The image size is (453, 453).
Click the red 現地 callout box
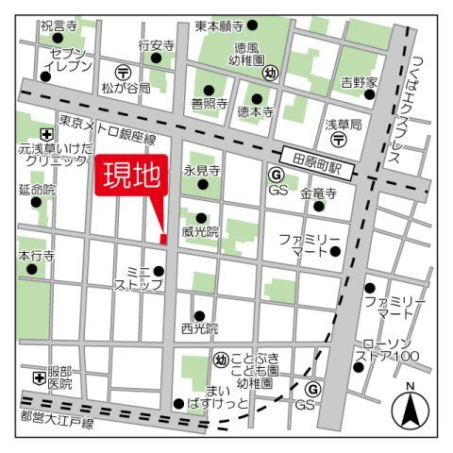(131, 178)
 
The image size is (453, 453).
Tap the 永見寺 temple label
(201, 172)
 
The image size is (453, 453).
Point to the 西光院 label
(199, 329)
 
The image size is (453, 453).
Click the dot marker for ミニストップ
(159, 272)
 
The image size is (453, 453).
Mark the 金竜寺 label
(318, 193)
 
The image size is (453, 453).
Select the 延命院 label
(37, 190)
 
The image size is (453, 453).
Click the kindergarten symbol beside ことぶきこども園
(219, 359)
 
